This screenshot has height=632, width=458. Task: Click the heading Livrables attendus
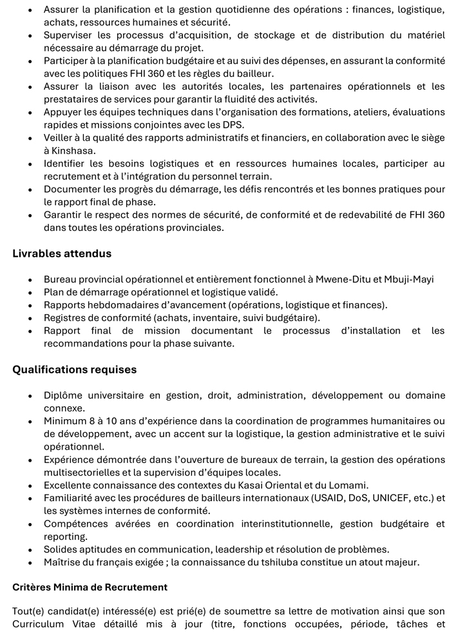(62, 253)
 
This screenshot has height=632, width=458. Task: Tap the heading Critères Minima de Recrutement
(90, 588)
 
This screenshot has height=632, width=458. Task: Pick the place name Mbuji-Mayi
(408, 279)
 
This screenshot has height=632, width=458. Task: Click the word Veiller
(59, 138)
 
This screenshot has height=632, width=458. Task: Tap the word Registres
(66, 317)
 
